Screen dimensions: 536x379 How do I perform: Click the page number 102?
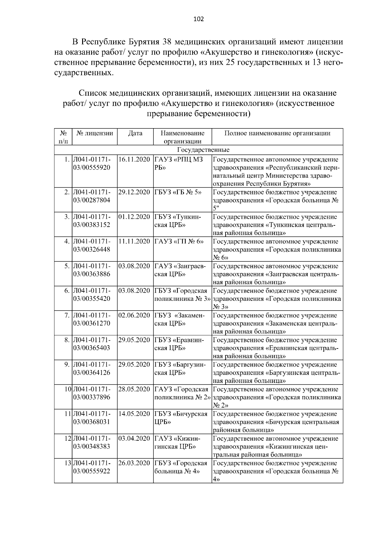pos(199,19)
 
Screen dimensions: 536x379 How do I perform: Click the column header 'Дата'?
pos(135,133)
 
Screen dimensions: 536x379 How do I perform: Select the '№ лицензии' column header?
pos(95,133)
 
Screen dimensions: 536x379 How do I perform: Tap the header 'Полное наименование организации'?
pos(277,133)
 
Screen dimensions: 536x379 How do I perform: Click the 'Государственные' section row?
pos(199,150)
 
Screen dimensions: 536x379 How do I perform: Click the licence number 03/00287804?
pos(92,200)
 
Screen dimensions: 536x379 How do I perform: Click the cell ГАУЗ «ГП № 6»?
pos(179,241)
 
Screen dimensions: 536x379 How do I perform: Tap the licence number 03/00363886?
pos(92,274)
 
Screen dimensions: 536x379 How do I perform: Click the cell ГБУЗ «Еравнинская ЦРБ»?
pos(179,344)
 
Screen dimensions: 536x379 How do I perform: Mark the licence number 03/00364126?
pos(92,372)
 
